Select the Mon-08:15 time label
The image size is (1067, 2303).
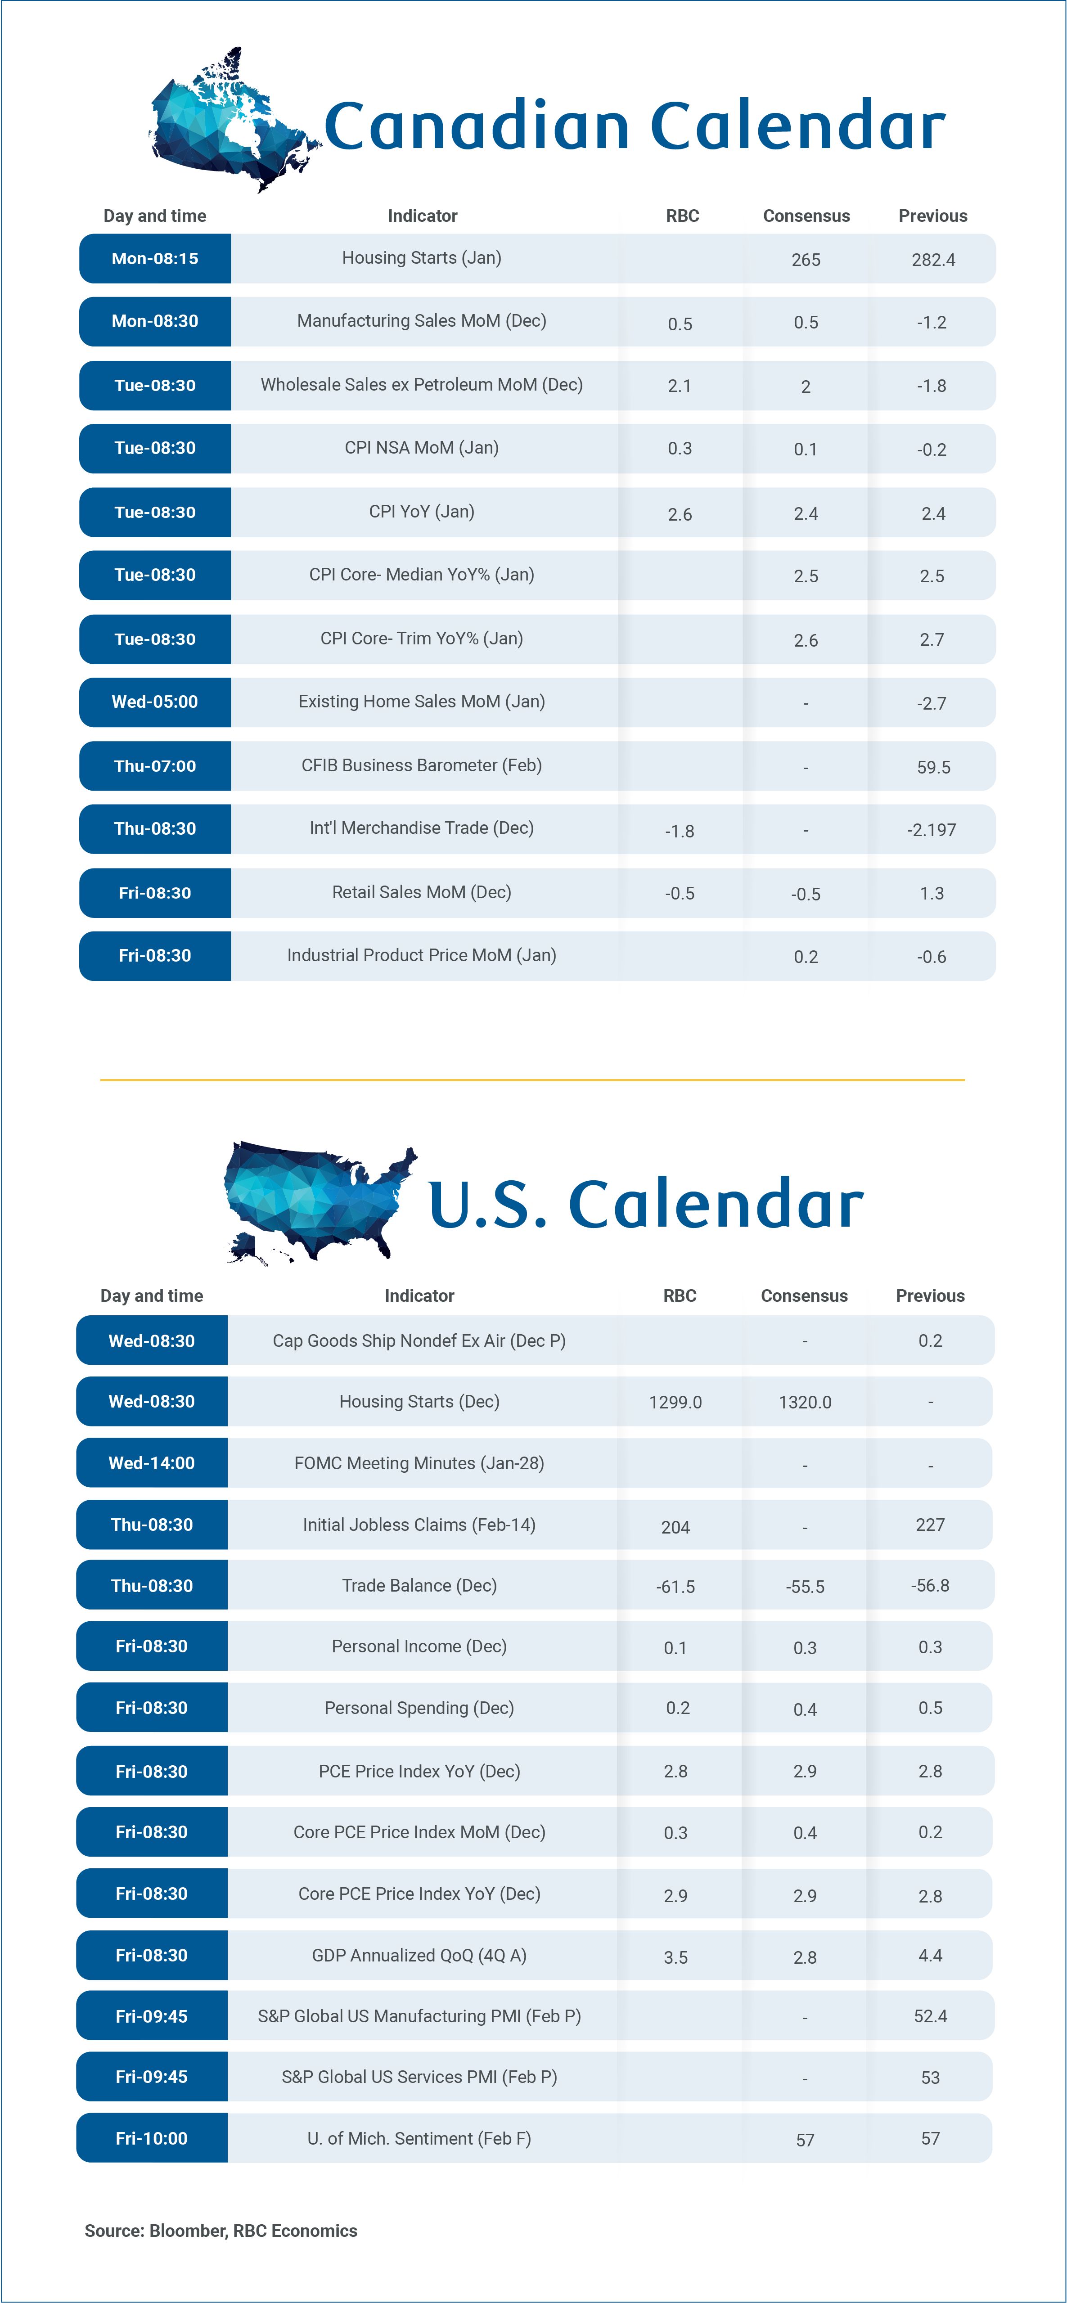coord(155,258)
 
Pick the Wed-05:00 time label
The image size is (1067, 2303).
coord(155,702)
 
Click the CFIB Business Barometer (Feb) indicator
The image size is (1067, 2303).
coord(421,765)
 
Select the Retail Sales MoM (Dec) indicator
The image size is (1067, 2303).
coord(421,892)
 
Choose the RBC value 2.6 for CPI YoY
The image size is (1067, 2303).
coord(680,514)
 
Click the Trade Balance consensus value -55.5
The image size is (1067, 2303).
coord(805,1587)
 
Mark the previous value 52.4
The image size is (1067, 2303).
coord(930,2016)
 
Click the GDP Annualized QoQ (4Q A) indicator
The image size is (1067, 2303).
coord(419,1955)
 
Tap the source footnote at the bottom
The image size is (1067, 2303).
coord(221,2231)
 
